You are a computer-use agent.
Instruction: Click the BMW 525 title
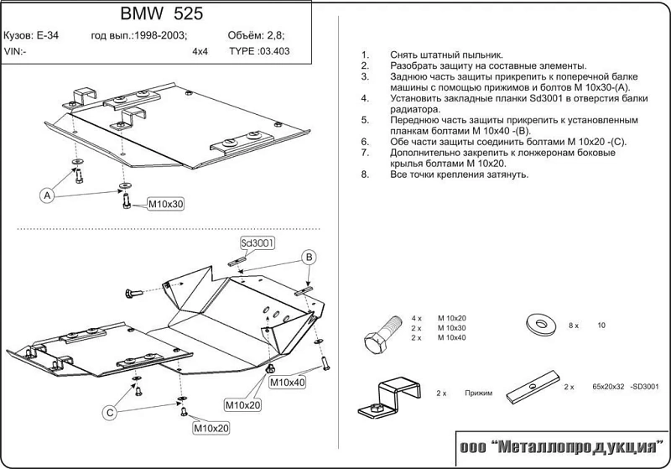pyautogui.click(x=161, y=14)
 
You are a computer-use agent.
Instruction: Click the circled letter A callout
pyautogui.click(x=47, y=195)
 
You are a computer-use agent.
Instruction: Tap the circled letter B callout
pyautogui.click(x=308, y=256)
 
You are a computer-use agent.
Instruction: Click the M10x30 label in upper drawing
pyautogui.click(x=165, y=204)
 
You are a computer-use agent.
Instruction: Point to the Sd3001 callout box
pyautogui.click(x=258, y=243)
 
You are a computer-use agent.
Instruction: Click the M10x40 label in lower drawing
pyautogui.click(x=288, y=383)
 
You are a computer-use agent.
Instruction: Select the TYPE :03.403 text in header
pyautogui.click(x=259, y=51)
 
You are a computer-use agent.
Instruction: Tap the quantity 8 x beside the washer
pyautogui.click(x=573, y=325)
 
